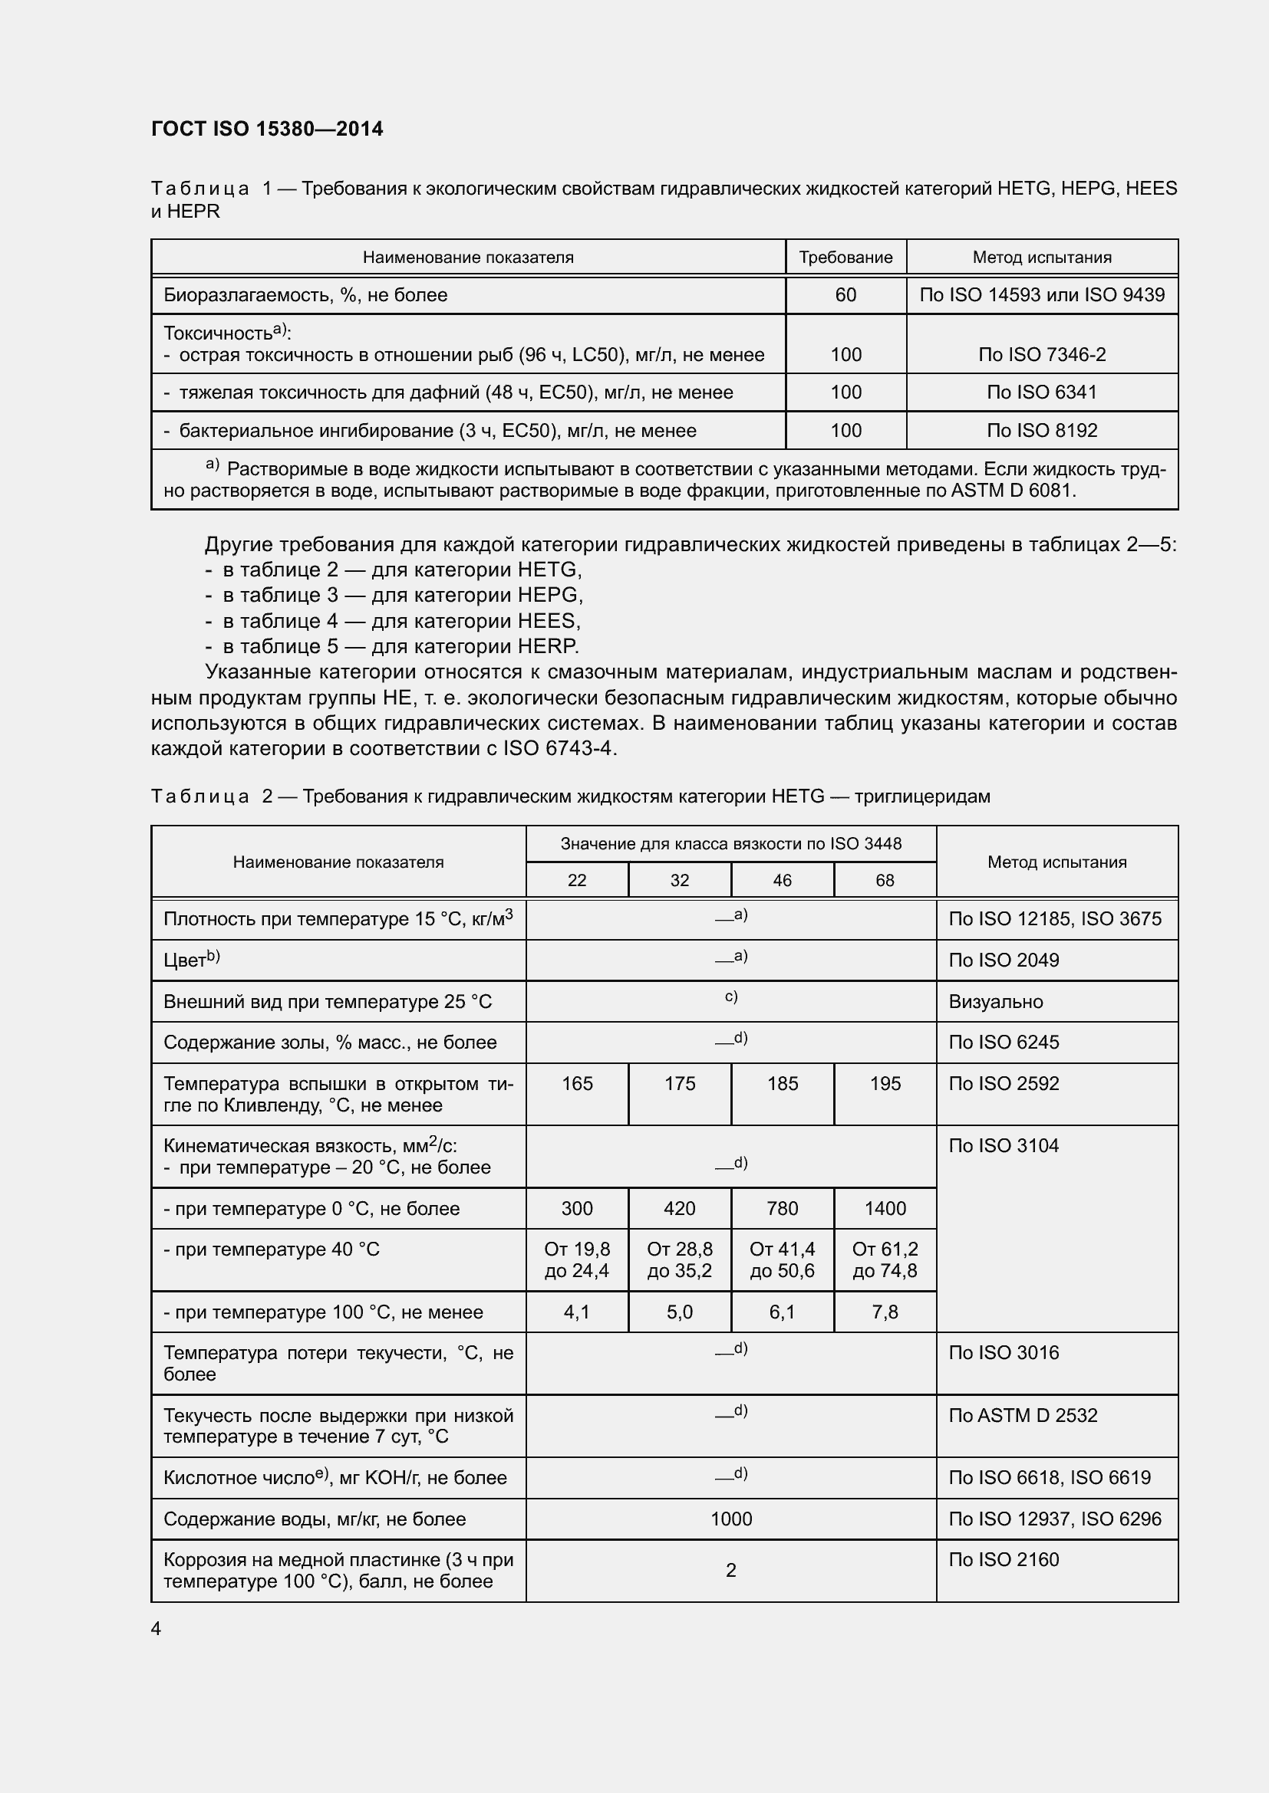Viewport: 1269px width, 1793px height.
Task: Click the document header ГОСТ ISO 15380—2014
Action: pyautogui.click(x=267, y=129)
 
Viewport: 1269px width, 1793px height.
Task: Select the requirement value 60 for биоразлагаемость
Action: pyautogui.click(x=845, y=295)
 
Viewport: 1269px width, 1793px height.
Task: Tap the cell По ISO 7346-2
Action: pyautogui.click(x=1042, y=355)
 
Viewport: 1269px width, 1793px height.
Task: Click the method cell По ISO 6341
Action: pyautogui.click(x=1042, y=392)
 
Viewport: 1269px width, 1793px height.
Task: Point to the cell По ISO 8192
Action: pyautogui.click(x=1042, y=430)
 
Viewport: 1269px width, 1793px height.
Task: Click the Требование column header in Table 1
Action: pyautogui.click(x=845, y=258)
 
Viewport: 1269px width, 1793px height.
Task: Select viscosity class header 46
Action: pyautogui.click(x=782, y=880)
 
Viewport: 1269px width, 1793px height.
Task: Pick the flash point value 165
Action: pyautogui.click(x=577, y=1083)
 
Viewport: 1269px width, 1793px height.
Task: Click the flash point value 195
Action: pyautogui.click(x=885, y=1083)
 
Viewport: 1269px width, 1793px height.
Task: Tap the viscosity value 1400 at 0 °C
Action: pyautogui.click(x=885, y=1208)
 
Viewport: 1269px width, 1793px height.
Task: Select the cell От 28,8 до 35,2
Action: pyautogui.click(x=679, y=1259)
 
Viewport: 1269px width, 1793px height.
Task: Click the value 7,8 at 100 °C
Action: pyautogui.click(x=885, y=1312)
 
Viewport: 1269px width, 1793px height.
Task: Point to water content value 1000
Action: pyautogui.click(x=730, y=1519)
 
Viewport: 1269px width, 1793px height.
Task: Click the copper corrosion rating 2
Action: pyautogui.click(x=730, y=1571)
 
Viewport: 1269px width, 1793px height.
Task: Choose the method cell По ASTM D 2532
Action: pyautogui.click(x=1023, y=1415)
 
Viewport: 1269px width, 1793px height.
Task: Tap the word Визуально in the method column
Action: pyautogui.click(x=996, y=1002)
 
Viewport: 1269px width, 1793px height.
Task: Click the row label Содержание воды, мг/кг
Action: pyautogui.click(x=314, y=1519)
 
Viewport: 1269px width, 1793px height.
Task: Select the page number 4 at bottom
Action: pyautogui.click(x=157, y=1628)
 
